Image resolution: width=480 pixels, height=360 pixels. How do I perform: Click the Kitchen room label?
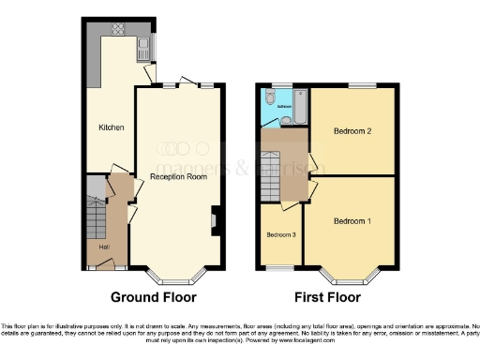pos(112,127)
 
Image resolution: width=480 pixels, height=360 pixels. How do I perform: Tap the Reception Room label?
pos(178,176)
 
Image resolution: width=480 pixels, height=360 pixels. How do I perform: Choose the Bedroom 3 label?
pos(279,234)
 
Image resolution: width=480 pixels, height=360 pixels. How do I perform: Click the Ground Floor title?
pos(154,298)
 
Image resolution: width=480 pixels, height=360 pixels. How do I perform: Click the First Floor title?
pos(327,298)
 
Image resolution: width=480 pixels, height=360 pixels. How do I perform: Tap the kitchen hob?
pos(120,28)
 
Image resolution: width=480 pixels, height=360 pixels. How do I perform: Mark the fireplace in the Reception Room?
pos(215,220)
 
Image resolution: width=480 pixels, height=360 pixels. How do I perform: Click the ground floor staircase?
pos(96,221)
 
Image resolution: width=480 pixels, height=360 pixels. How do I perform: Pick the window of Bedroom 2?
pos(357,85)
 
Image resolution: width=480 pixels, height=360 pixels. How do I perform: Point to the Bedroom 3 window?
pos(278,267)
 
